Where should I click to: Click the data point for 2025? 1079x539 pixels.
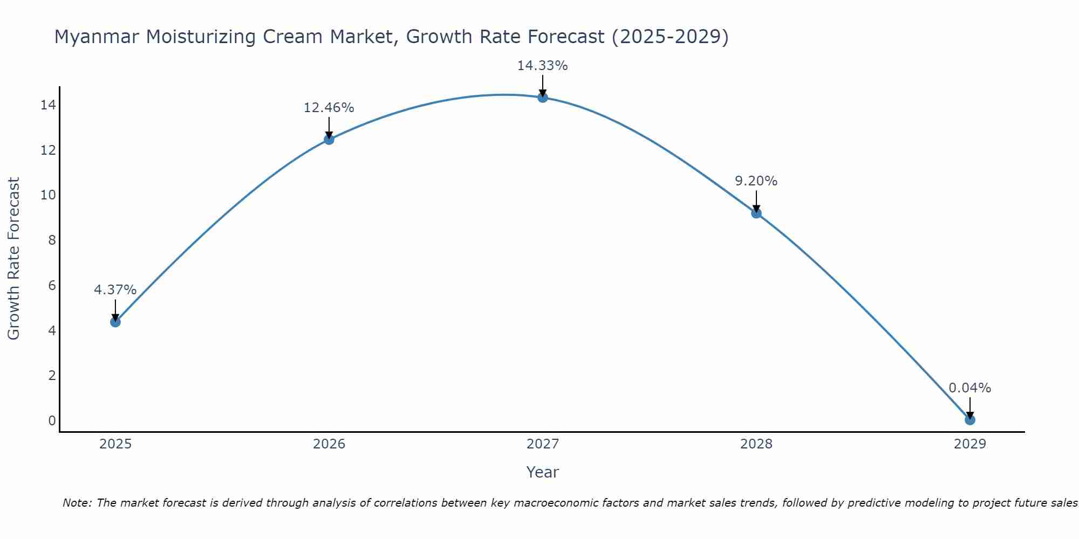(115, 322)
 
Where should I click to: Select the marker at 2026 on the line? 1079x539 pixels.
(329, 140)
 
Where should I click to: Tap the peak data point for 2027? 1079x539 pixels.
(542, 98)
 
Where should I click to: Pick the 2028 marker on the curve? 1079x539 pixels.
(756, 213)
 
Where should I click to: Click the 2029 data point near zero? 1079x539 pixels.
(969, 419)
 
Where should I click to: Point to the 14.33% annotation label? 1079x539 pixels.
(542, 66)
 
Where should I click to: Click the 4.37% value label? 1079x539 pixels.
(115, 290)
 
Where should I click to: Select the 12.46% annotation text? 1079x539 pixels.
(329, 108)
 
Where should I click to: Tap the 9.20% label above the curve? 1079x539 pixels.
(756, 181)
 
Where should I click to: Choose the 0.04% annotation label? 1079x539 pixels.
(969, 388)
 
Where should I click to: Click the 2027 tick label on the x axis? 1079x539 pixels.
(542, 444)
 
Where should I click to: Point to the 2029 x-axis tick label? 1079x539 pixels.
(969, 444)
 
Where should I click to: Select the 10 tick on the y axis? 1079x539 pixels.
(48, 195)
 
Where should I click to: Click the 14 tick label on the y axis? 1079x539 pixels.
(48, 105)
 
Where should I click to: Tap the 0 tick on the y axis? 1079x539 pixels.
(52, 420)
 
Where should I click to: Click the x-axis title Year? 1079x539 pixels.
(542, 472)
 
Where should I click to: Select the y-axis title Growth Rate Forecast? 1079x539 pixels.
(14, 258)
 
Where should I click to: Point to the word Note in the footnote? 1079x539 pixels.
(77, 503)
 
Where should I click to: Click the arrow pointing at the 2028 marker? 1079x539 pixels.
(756, 202)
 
